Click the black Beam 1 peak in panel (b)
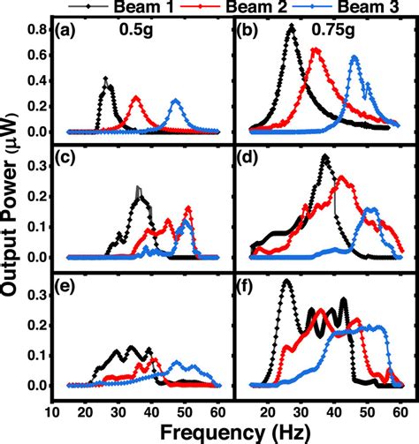coord(292,27)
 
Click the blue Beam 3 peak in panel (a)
coord(175,101)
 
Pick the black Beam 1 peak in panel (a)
coord(106,79)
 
